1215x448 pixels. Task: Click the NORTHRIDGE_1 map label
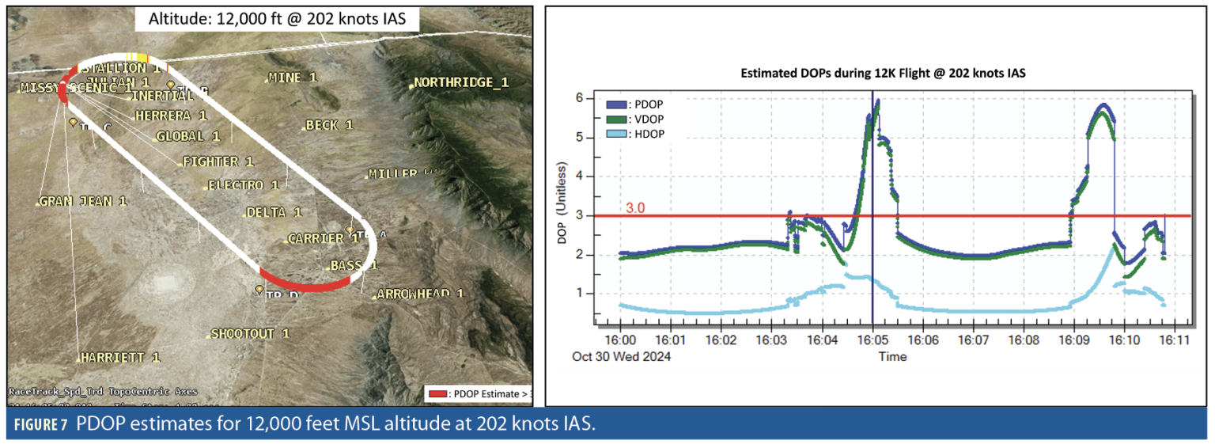click(462, 83)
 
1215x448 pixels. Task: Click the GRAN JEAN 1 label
click(83, 201)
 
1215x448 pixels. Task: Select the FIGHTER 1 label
click(218, 161)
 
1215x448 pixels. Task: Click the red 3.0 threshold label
click(636, 208)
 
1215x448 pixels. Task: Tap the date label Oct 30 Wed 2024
click(621, 356)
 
